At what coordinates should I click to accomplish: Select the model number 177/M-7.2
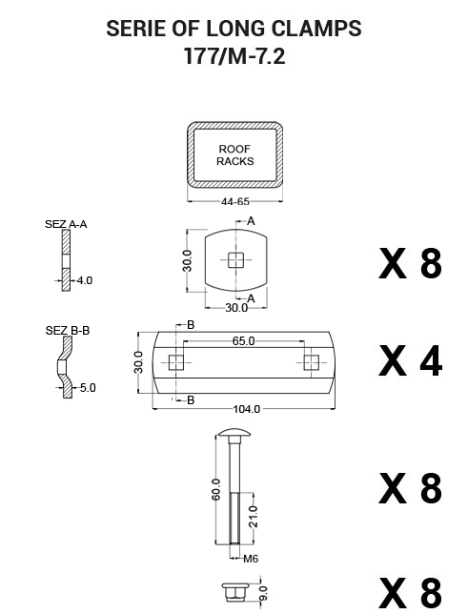coord(234,56)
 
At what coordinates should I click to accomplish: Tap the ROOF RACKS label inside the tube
coord(235,155)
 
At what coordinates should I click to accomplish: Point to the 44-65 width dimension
coord(235,202)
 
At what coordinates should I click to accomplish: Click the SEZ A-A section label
coord(66,224)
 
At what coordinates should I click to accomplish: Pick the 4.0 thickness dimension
coord(84,280)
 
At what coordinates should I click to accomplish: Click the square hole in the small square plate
coord(235,260)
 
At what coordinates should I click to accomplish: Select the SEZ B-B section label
coord(68,331)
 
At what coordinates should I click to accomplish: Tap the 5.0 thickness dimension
coord(88,388)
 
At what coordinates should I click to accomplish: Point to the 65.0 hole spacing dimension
coord(243,341)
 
